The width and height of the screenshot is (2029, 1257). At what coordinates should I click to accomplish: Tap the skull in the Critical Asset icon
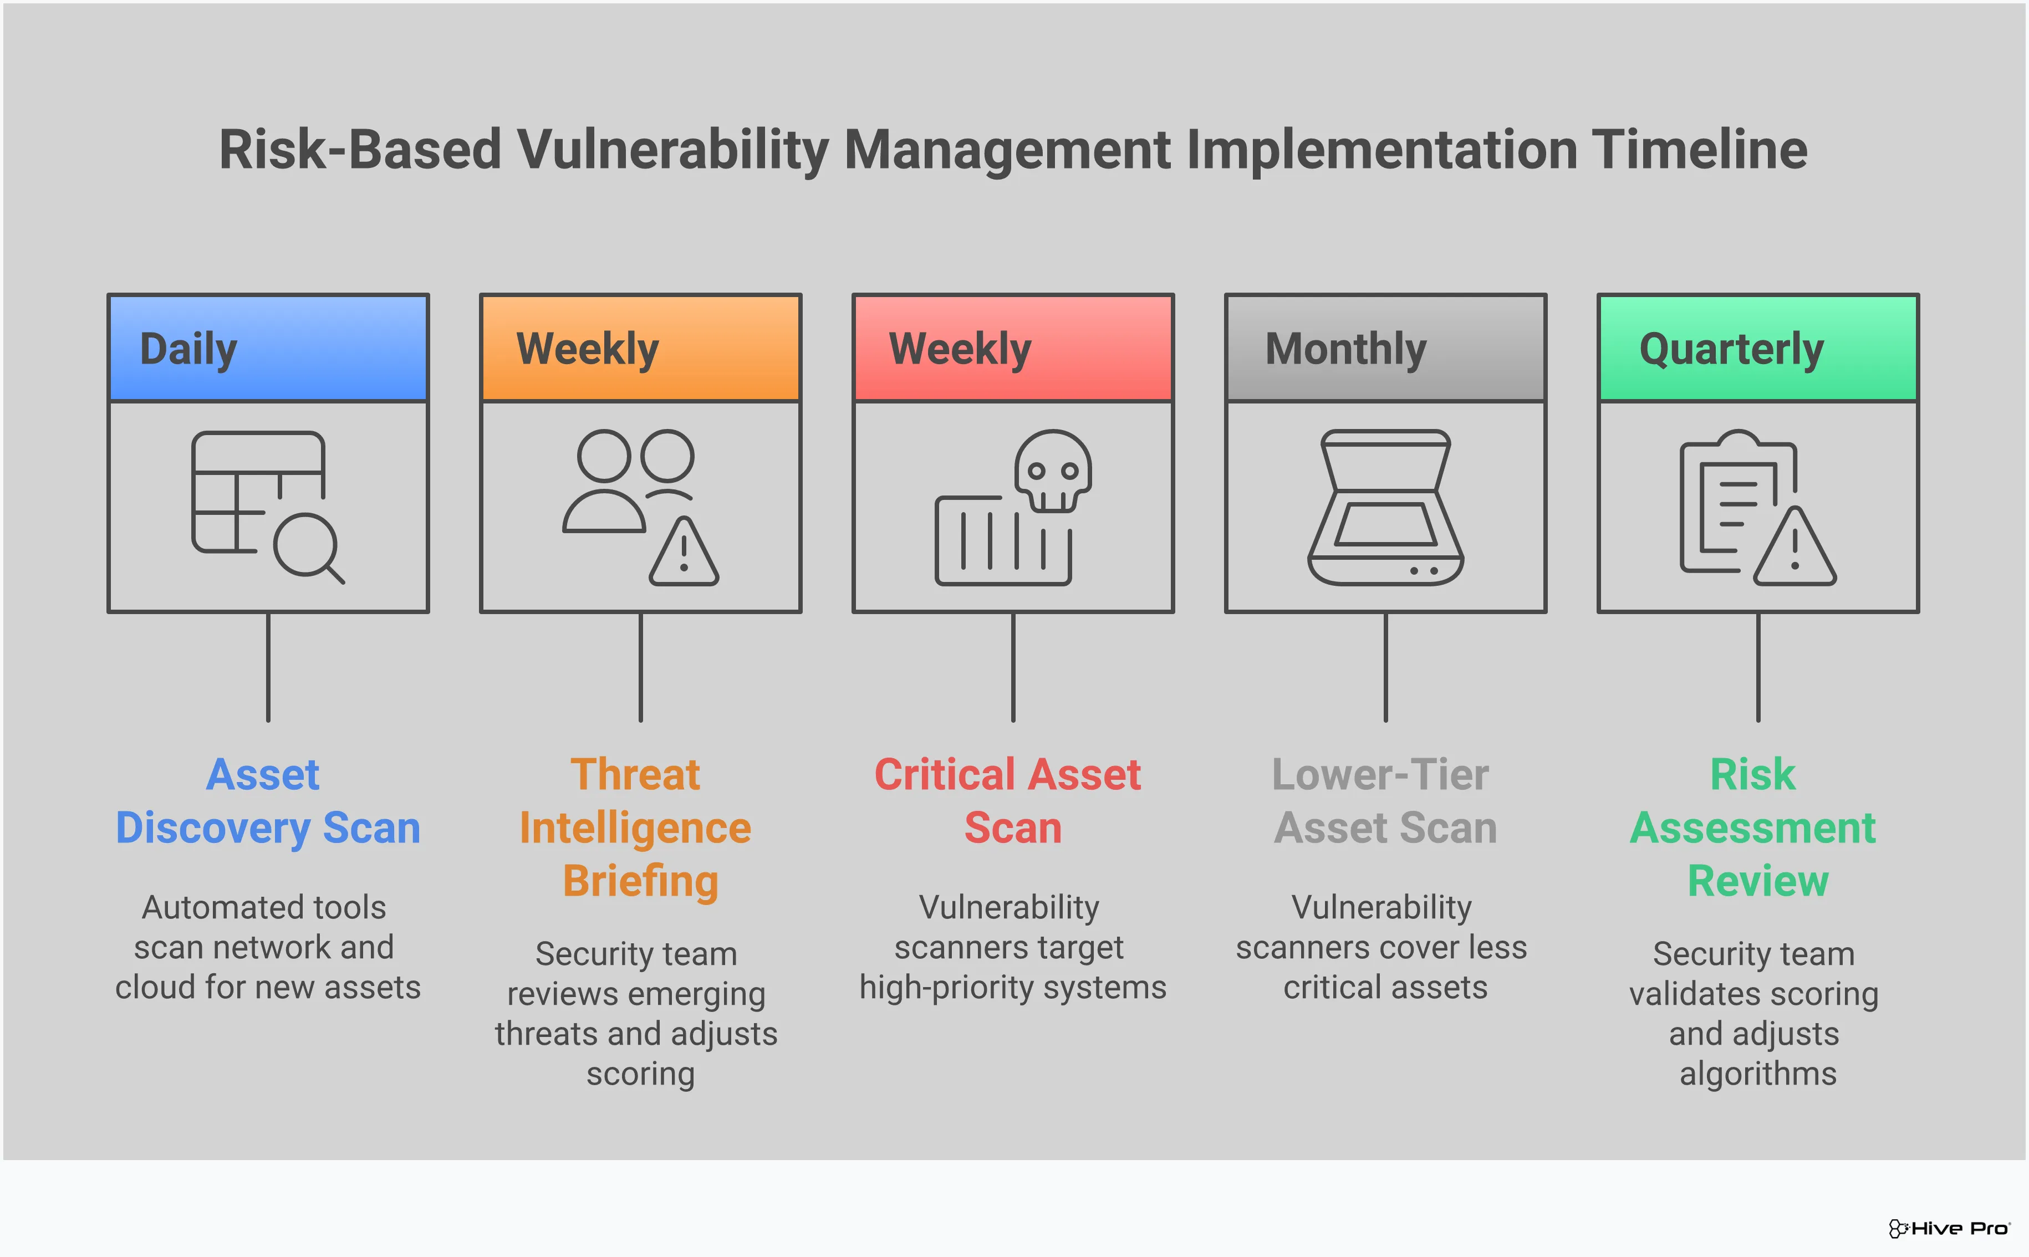click(1053, 470)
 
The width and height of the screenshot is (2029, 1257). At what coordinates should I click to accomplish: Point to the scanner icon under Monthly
click(1385, 507)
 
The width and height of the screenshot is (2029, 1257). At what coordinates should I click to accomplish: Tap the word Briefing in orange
click(640, 881)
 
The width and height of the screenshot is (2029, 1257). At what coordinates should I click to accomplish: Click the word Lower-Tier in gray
click(1380, 775)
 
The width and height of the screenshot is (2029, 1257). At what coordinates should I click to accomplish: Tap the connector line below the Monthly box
click(1385, 667)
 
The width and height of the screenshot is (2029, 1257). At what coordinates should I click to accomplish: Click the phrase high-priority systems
click(1013, 988)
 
